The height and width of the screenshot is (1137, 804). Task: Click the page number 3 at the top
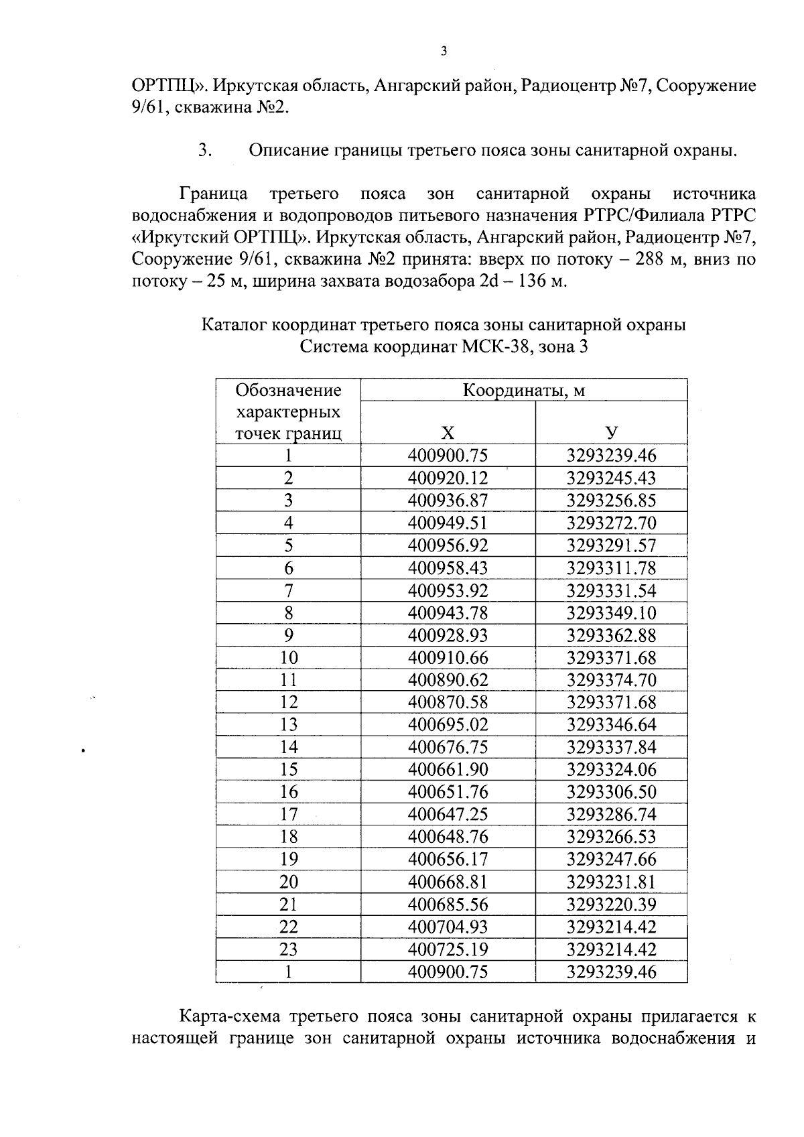coord(444,52)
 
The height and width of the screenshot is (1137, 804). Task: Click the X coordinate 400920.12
coord(448,478)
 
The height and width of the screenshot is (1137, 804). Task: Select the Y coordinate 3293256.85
coord(611,500)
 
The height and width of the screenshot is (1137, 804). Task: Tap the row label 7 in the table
coord(288,591)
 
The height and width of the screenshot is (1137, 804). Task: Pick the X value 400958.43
coord(448,568)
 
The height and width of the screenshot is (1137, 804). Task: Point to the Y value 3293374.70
coord(611,680)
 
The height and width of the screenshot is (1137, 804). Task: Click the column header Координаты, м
coord(523,390)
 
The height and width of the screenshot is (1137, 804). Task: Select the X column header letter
coord(448,433)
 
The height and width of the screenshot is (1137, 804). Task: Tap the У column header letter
coord(611,433)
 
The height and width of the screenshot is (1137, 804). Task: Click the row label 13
coord(288,725)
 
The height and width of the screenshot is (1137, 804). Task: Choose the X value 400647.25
coord(448,815)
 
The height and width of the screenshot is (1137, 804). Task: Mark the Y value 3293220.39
coord(611,905)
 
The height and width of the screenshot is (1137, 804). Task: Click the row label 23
coord(288,949)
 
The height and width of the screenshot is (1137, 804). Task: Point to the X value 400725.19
coord(448,949)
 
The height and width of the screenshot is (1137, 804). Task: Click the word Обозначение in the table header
coord(288,390)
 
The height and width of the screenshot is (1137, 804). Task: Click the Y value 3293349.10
coord(611,613)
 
